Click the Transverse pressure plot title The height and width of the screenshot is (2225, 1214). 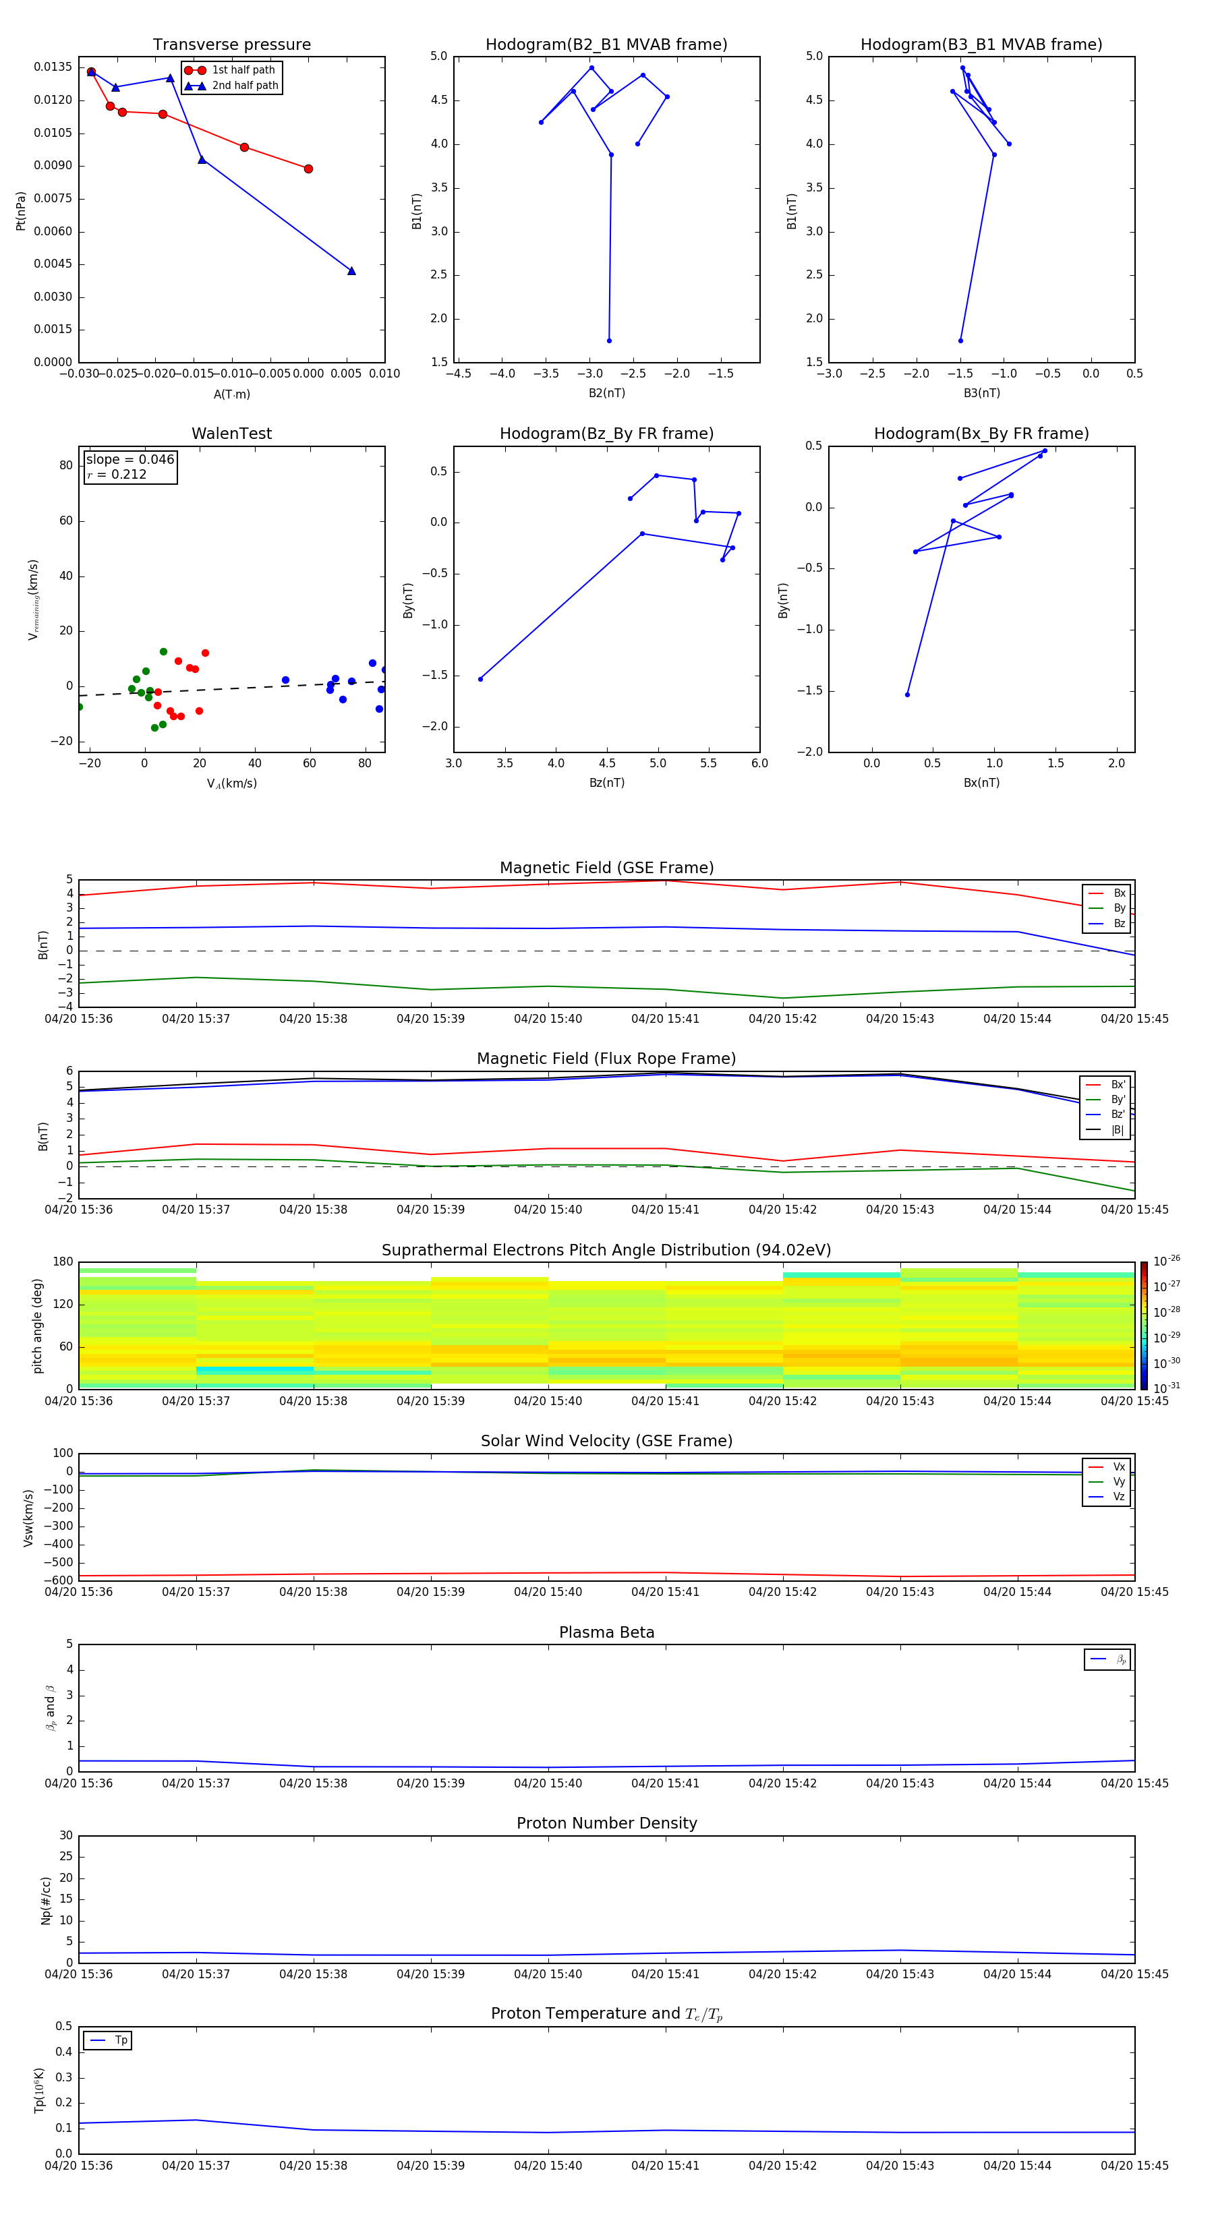[x=231, y=45]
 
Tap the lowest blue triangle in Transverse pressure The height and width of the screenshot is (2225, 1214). [x=351, y=271]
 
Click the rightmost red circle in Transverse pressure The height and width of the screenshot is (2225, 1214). [x=308, y=169]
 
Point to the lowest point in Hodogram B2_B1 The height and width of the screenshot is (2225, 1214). [x=609, y=340]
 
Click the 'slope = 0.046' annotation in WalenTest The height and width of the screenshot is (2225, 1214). [x=129, y=460]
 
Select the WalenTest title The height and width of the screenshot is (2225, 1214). [x=231, y=434]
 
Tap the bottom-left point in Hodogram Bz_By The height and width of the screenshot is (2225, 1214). [x=480, y=679]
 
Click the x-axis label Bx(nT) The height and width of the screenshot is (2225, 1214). [x=981, y=783]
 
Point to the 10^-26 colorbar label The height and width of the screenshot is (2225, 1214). [x=1167, y=1261]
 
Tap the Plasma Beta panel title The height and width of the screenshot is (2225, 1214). [x=606, y=1632]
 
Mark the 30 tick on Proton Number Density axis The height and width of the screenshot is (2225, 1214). [x=65, y=1835]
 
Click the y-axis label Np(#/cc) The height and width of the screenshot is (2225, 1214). [x=46, y=1900]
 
